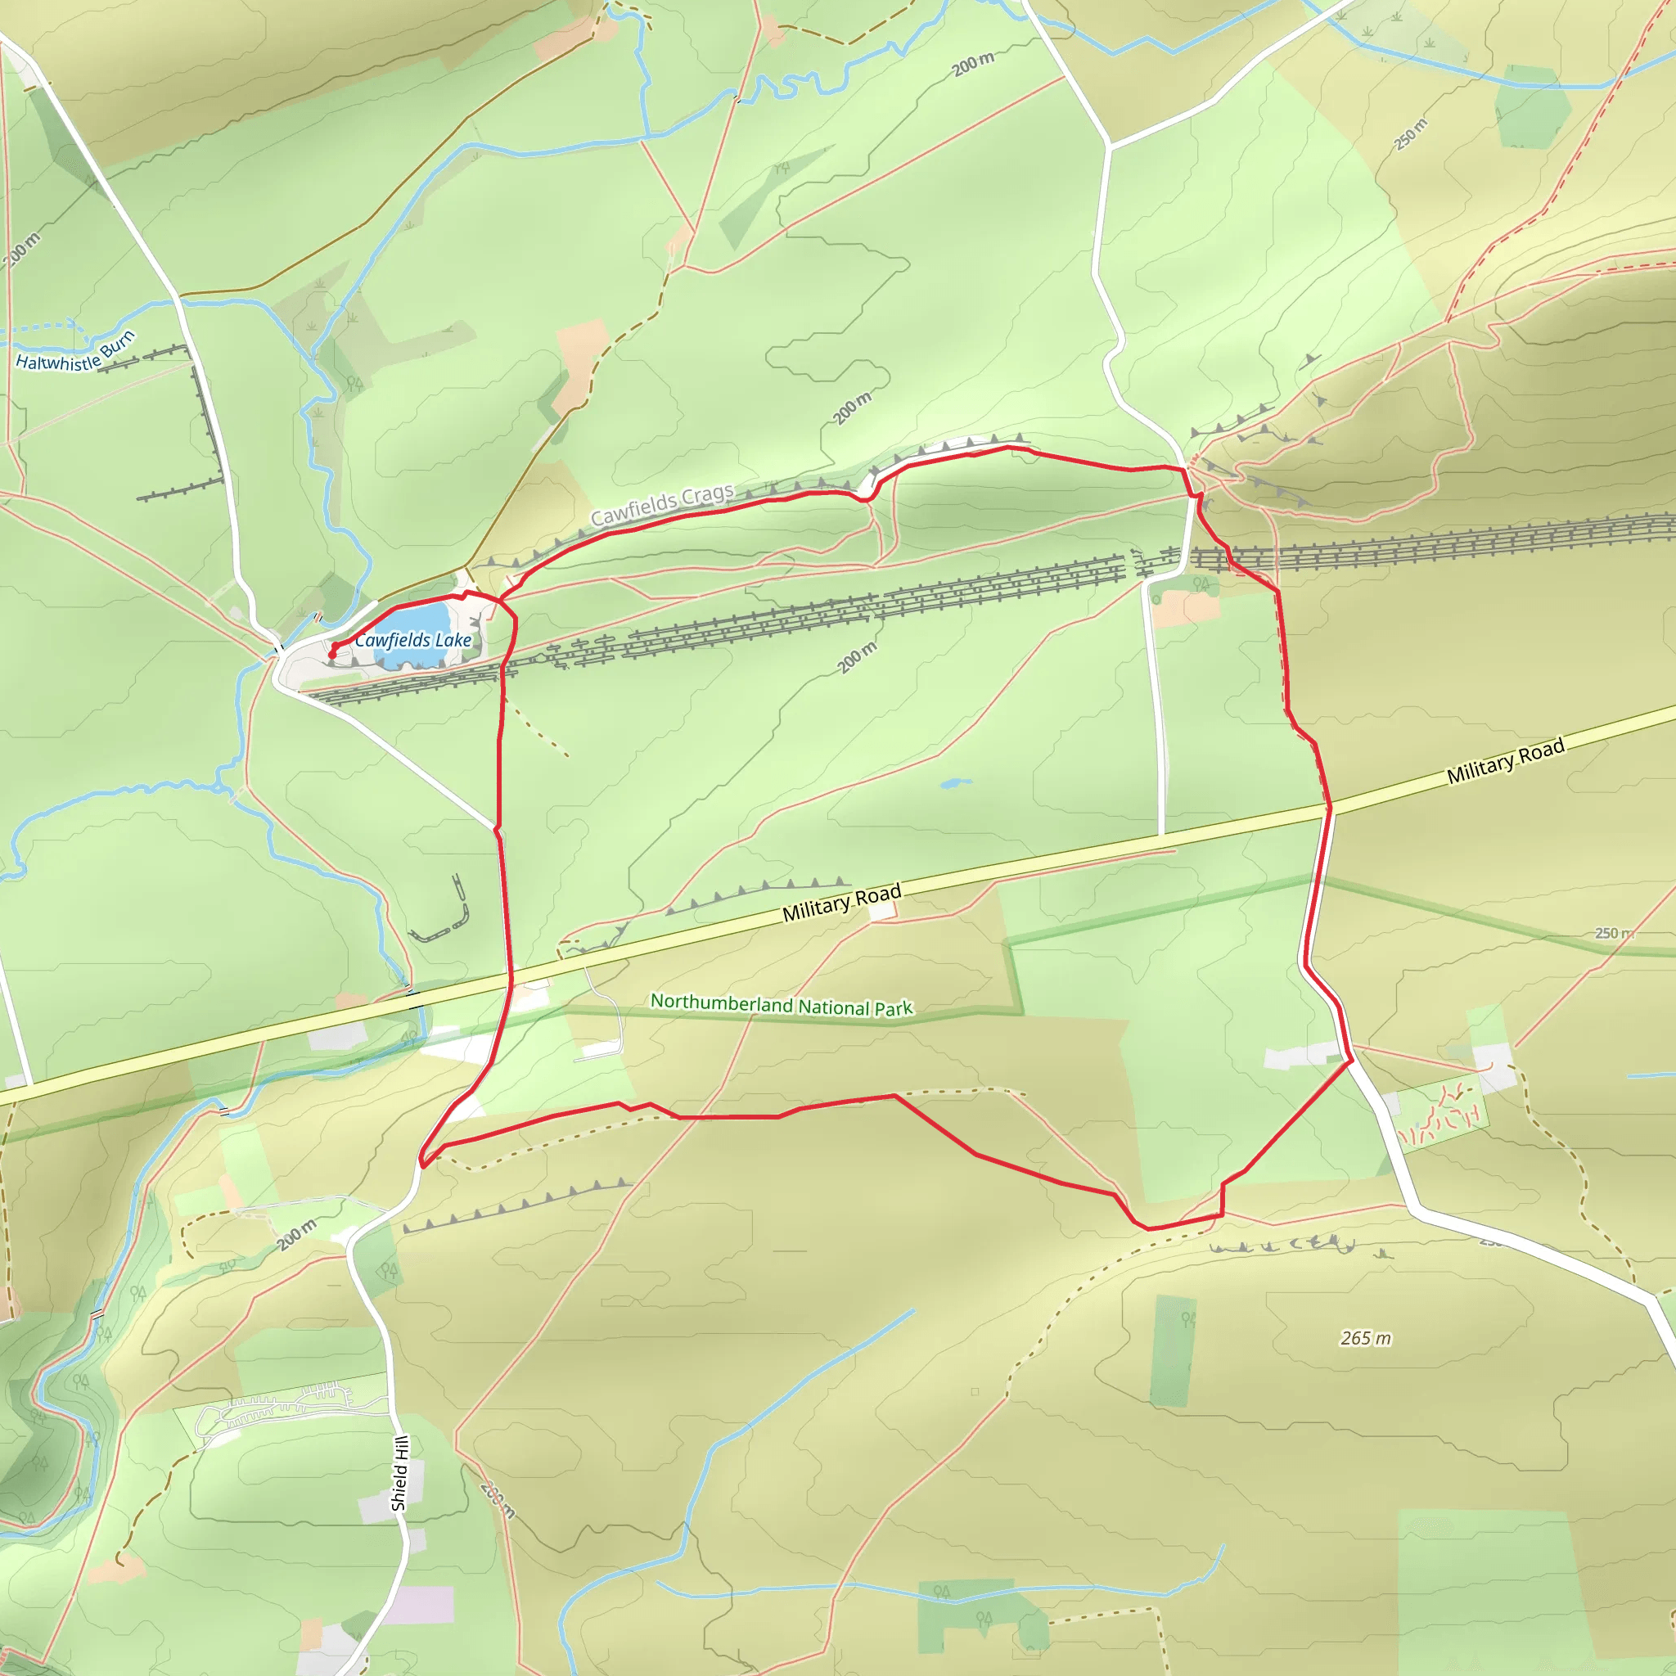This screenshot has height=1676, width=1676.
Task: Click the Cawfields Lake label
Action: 413,640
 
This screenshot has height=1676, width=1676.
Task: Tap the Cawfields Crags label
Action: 662,505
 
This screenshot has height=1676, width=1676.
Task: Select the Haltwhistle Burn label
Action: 74,354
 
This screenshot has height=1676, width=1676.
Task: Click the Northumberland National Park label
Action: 781,1005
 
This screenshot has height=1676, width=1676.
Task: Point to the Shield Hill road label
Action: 399,1473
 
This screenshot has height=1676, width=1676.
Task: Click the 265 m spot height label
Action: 1366,1339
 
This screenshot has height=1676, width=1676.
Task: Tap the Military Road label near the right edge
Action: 1505,761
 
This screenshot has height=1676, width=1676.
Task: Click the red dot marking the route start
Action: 332,655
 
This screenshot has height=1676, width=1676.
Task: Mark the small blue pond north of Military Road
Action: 955,783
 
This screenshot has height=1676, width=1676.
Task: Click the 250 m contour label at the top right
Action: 1411,134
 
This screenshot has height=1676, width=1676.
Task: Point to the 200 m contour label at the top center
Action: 973,64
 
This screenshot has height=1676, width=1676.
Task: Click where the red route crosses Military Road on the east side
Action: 1328,808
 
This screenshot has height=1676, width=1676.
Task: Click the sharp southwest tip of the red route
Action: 421,1165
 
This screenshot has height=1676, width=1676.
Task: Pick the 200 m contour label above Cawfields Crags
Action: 852,408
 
